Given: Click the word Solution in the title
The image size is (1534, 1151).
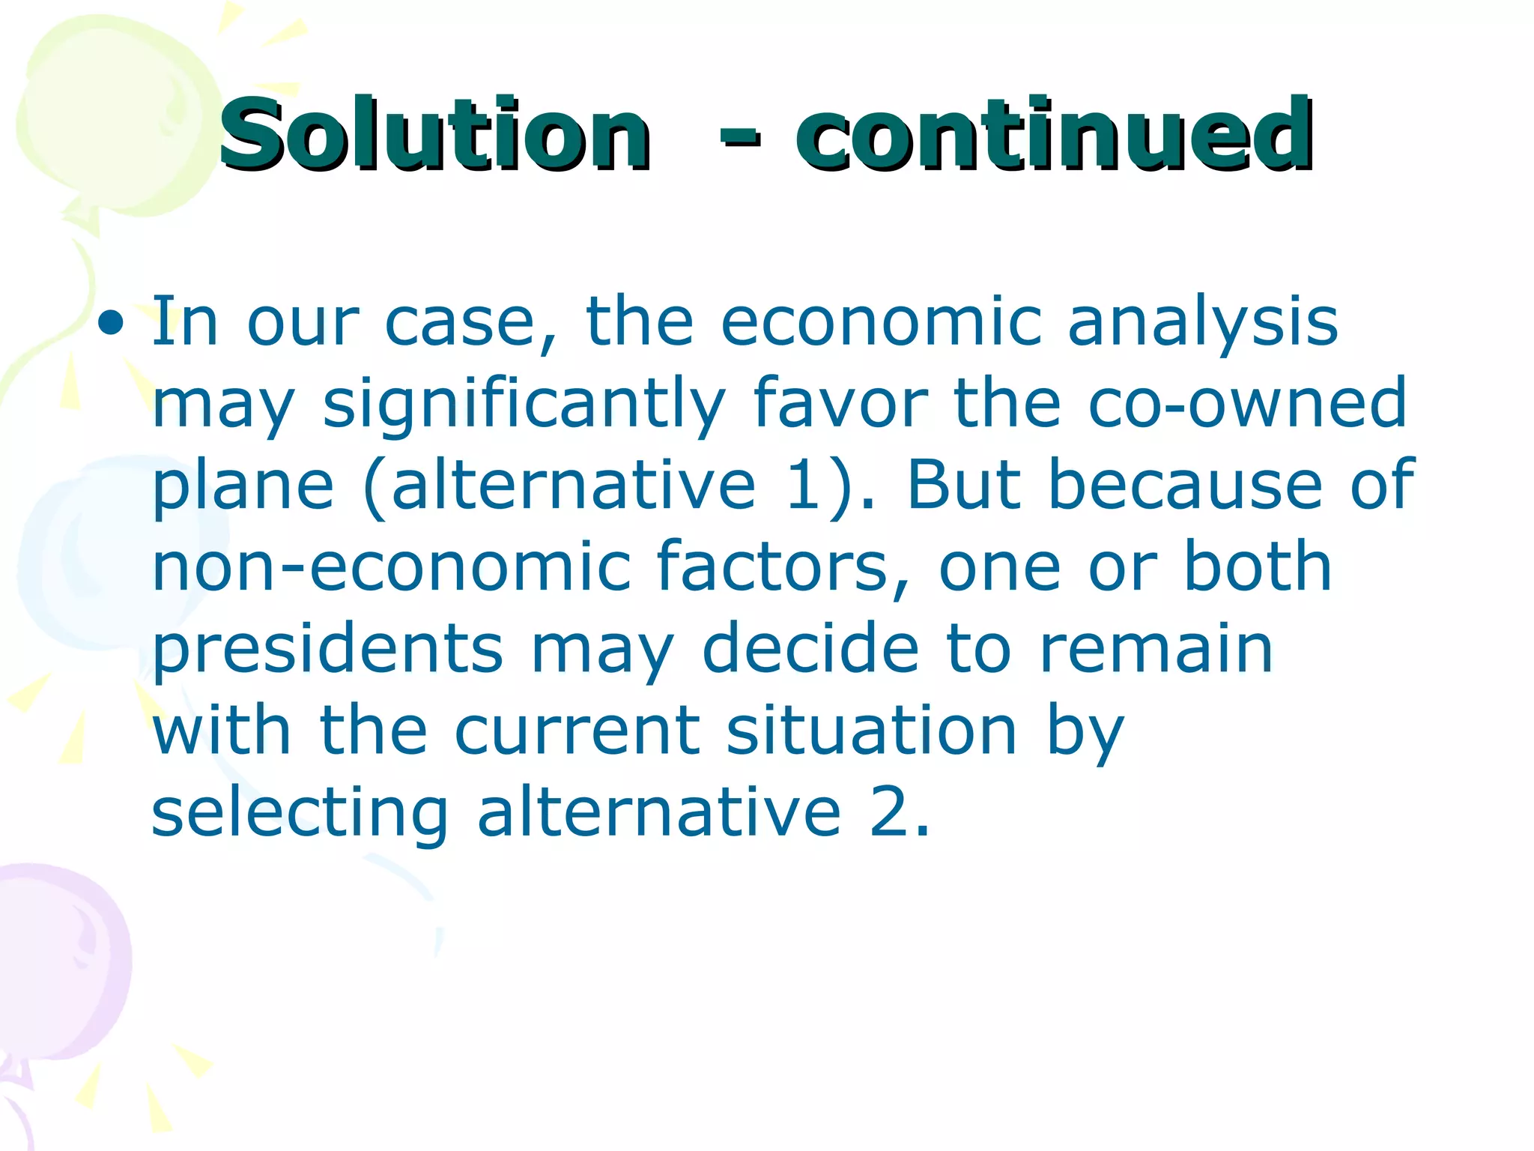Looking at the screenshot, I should (434, 135).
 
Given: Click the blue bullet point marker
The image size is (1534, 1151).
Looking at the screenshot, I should (112, 324).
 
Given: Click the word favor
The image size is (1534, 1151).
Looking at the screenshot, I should (840, 405).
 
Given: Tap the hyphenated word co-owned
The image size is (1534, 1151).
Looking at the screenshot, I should (1247, 405).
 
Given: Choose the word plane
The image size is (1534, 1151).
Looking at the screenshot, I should (243, 487).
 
